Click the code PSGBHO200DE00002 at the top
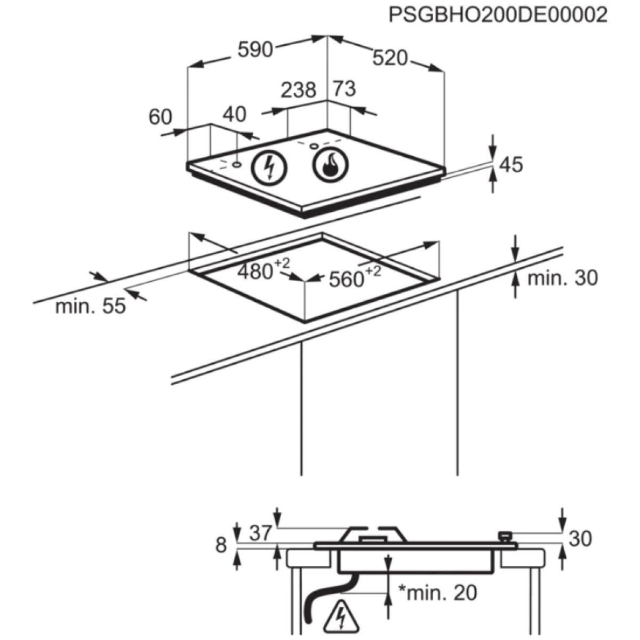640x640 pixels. [498, 15]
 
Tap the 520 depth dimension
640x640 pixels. [390, 58]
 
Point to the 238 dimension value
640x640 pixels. [299, 90]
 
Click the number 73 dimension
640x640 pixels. [345, 89]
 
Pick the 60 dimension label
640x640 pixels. [161, 117]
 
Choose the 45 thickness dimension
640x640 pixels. [511, 165]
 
